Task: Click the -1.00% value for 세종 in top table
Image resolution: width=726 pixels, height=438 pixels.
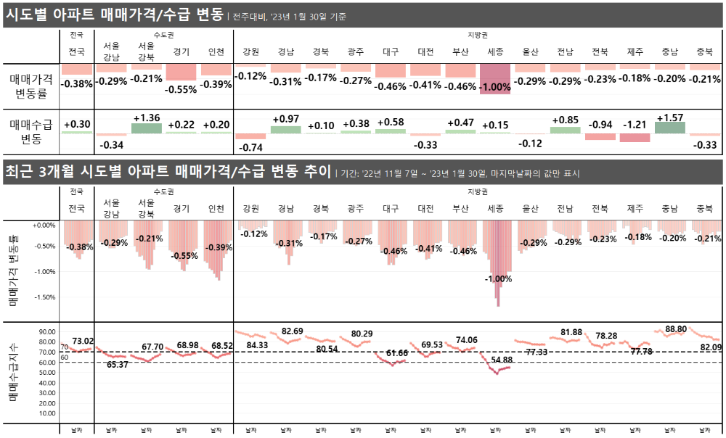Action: tap(495, 86)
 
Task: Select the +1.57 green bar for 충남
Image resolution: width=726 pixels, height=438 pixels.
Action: tap(670, 128)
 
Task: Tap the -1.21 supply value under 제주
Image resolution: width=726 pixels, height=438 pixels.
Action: tap(635, 124)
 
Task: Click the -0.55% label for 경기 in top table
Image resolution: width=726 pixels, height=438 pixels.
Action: tap(181, 90)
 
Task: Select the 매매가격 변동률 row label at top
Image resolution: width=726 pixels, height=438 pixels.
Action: tap(30, 85)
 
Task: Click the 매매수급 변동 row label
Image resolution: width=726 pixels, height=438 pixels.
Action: tap(30, 131)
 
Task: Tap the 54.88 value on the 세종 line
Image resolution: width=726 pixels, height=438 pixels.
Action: tap(502, 360)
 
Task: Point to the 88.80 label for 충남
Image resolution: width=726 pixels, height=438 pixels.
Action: tap(671, 329)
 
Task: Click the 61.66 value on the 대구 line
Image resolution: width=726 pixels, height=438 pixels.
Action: tap(397, 352)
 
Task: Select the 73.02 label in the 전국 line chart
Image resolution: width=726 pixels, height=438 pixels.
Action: tap(82, 341)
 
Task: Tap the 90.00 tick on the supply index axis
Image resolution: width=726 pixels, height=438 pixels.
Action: tap(47, 331)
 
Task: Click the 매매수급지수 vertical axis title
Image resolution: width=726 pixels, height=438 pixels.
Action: tap(13, 373)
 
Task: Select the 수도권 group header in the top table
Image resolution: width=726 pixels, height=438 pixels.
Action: tap(164, 35)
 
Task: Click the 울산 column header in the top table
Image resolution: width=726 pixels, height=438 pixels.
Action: tap(530, 51)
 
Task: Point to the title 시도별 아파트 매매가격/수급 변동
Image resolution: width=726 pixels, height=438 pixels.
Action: tap(113, 14)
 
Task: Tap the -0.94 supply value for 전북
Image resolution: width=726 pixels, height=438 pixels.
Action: tap(600, 124)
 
